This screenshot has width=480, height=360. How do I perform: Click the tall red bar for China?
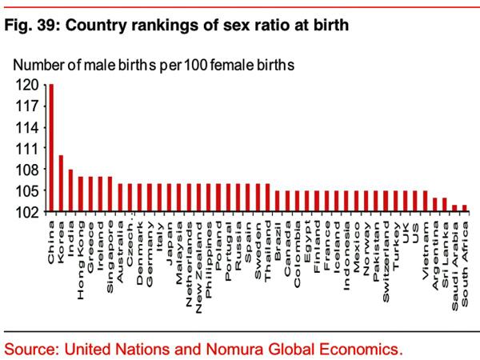51,148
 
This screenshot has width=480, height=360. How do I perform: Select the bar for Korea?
61,184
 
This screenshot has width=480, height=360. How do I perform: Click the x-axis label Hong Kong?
81,243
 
